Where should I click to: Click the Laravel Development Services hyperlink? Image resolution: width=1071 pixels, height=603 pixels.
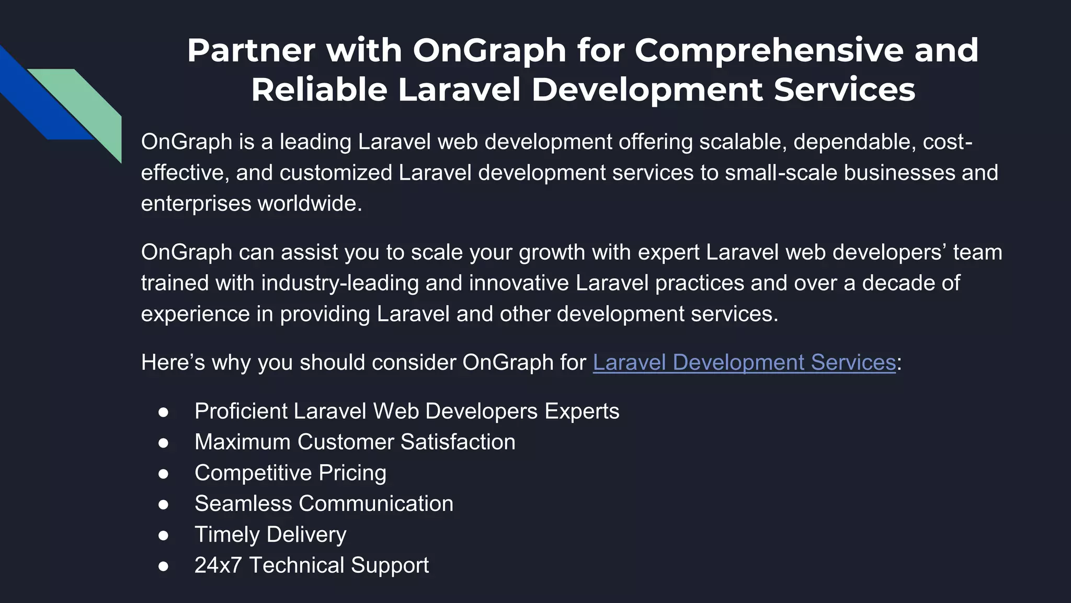click(x=744, y=362)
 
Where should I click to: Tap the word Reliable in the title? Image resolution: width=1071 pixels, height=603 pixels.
click(x=319, y=90)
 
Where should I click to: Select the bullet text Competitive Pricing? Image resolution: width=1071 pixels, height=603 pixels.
click(x=290, y=473)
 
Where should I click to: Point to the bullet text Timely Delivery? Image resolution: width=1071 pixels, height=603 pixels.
click(x=270, y=534)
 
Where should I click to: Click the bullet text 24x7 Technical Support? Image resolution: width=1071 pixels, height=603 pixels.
click(x=311, y=565)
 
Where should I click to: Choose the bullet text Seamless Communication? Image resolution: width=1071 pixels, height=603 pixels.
click(x=324, y=504)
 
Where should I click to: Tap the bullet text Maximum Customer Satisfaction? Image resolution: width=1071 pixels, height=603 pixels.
click(x=355, y=442)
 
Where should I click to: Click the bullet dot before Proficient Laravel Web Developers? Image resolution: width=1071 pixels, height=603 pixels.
click(x=163, y=412)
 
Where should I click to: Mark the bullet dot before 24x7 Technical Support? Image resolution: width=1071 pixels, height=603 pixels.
click(x=163, y=566)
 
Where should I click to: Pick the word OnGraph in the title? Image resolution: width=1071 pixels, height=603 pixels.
click(x=489, y=50)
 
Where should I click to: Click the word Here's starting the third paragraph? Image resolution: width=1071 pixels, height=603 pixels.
click(x=173, y=362)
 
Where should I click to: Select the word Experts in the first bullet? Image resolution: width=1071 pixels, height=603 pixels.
click(x=582, y=411)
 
